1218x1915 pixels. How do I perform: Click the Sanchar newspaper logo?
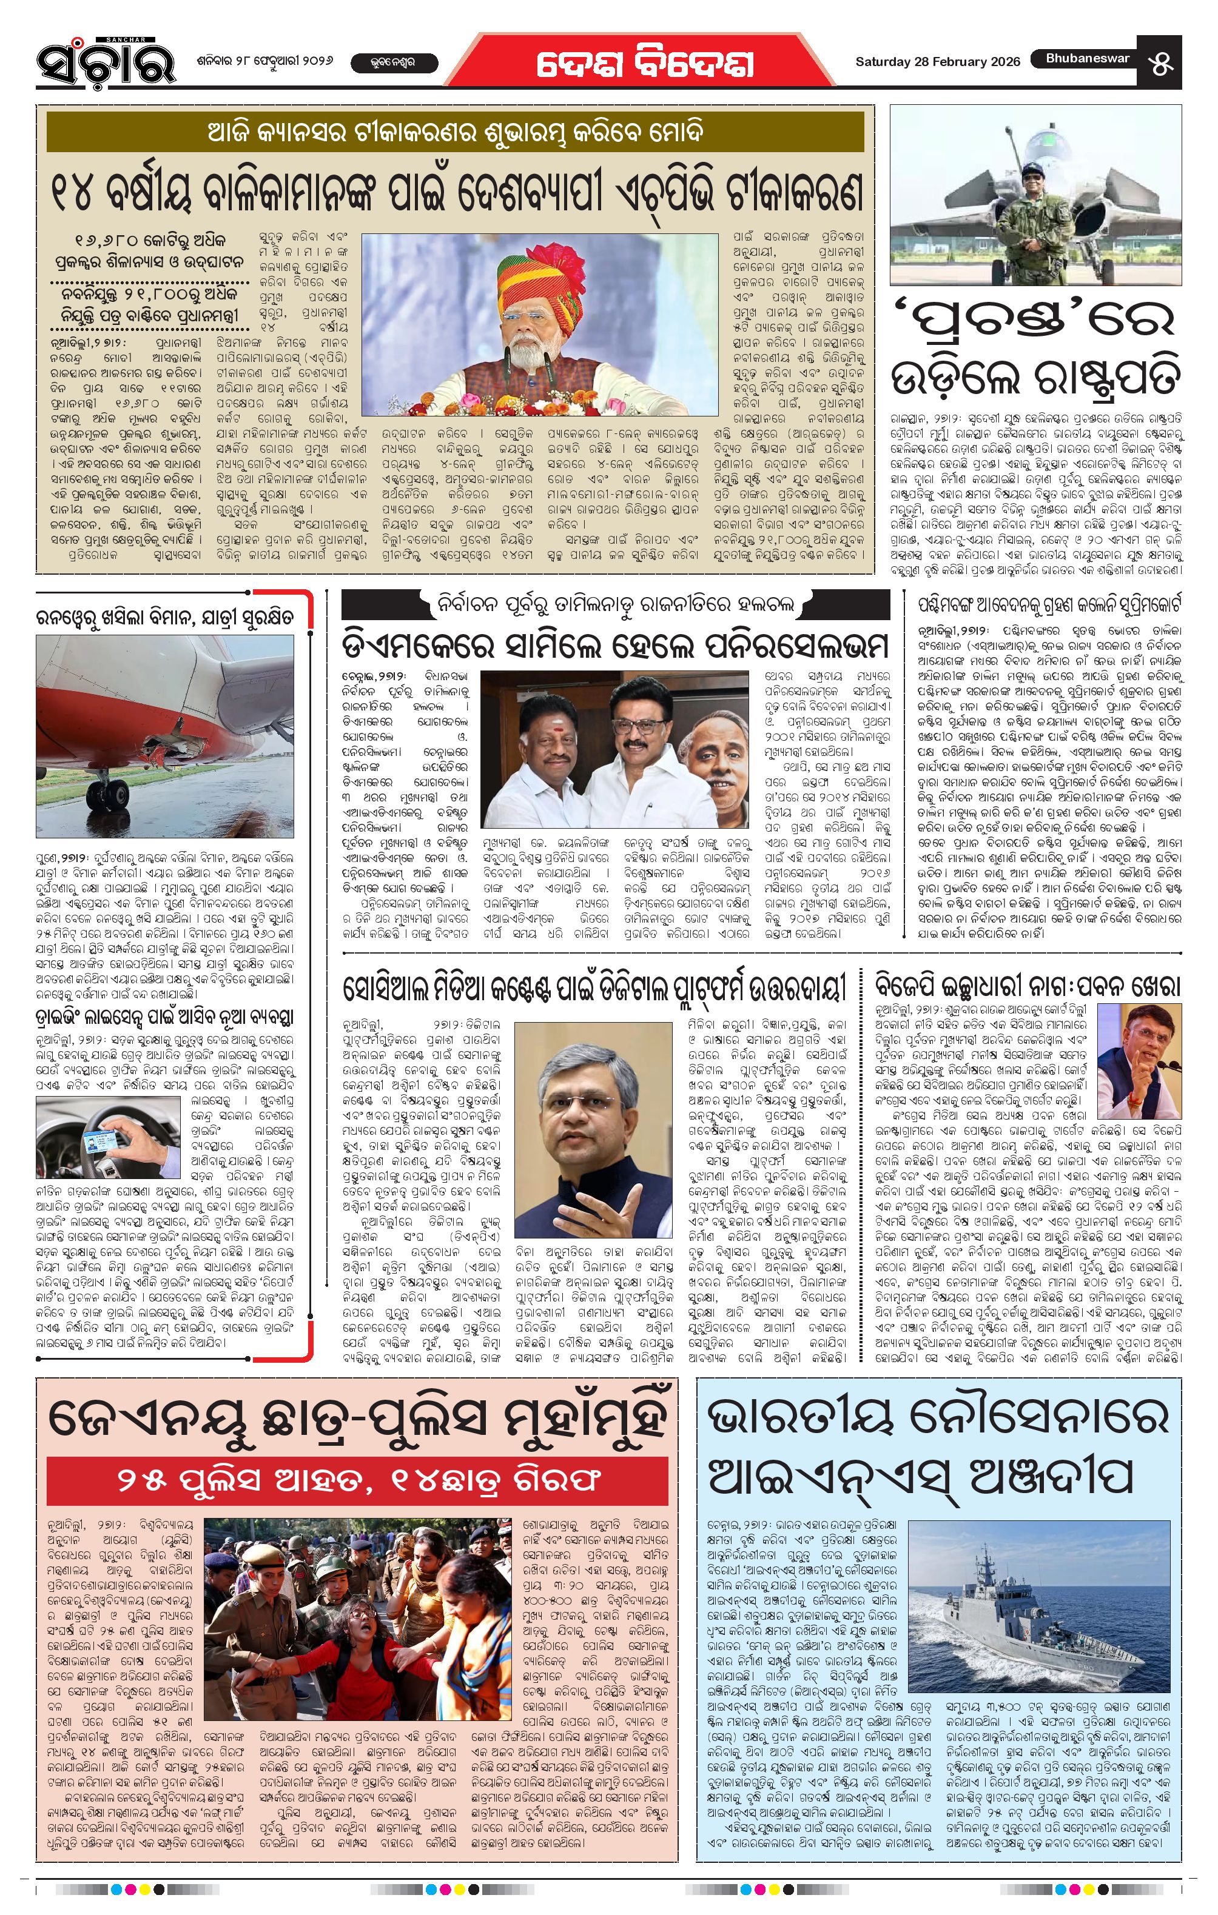(105, 61)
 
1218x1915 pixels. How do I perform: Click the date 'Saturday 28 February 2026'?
(937, 62)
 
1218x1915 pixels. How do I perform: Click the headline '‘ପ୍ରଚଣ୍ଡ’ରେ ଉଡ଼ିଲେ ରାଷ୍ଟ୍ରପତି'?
(1034, 349)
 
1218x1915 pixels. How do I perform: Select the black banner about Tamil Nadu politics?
(615, 605)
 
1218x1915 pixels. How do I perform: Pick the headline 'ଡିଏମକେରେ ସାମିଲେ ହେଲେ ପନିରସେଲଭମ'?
(614, 643)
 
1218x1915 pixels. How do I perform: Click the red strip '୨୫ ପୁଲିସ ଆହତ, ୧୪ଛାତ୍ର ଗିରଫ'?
(357, 1479)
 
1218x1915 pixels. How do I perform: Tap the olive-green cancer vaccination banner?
(454, 132)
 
